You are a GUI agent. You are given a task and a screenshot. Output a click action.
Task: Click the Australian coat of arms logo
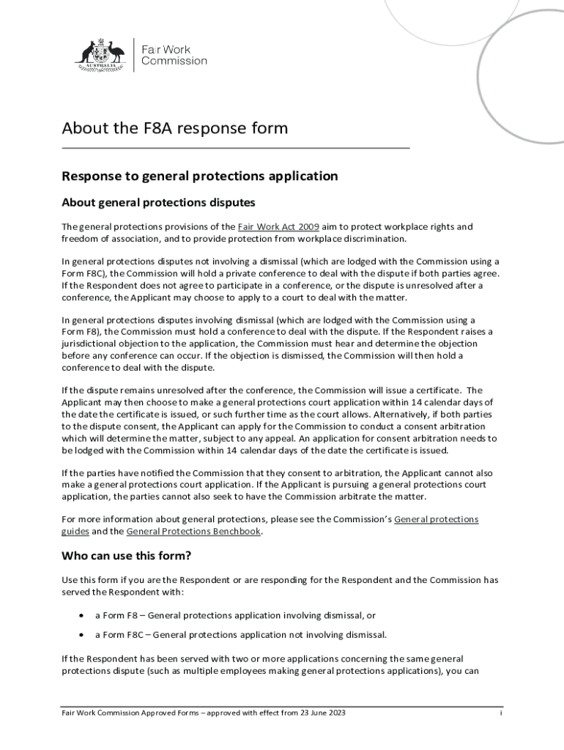pos(102,53)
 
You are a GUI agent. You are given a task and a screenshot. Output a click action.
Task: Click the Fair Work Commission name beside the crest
pos(174,54)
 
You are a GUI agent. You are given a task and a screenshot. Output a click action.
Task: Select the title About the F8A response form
pos(174,128)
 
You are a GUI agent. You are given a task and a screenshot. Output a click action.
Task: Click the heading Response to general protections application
pos(199,176)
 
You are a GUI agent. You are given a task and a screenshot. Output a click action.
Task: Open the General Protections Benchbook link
pos(193,532)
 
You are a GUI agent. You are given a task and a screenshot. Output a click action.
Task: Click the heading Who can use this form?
pos(126,554)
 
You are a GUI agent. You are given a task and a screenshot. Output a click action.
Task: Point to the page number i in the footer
pos(500,713)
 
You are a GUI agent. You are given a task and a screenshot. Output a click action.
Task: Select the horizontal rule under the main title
pos(235,148)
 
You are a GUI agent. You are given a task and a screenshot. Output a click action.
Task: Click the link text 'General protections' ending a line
pos(436,519)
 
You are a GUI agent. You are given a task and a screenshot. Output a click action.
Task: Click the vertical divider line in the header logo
pos(133,54)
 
